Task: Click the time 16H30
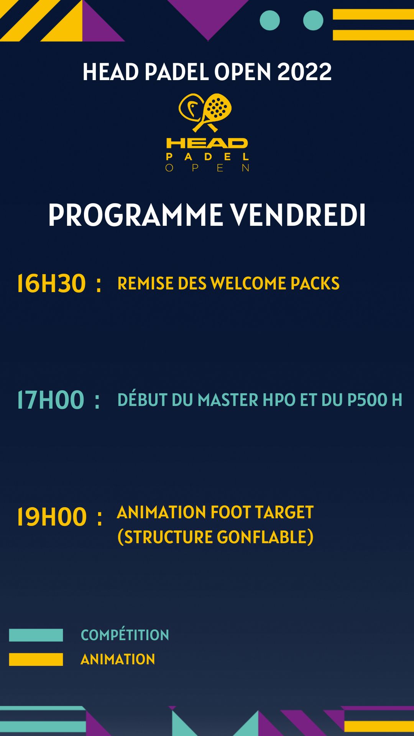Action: click(x=51, y=284)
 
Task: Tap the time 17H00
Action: click(x=51, y=400)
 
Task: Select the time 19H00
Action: click(x=52, y=517)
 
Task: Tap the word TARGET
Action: click(x=284, y=513)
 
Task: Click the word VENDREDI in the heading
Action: click(x=297, y=215)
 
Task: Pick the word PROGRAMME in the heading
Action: click(x=136, y=215)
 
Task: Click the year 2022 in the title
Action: click(x=304, y=72)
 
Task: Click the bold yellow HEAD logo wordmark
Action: click(x=207, y=143)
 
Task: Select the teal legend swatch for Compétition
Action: click(x=36, y=635)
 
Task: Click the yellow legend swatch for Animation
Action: click(x=36, y=659)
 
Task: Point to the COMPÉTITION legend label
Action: click(x=125, y=635)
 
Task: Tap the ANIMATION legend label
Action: click(x=118, y=659)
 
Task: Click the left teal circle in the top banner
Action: click(x=270, y=20)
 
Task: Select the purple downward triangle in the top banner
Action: click(x=208, y=15)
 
